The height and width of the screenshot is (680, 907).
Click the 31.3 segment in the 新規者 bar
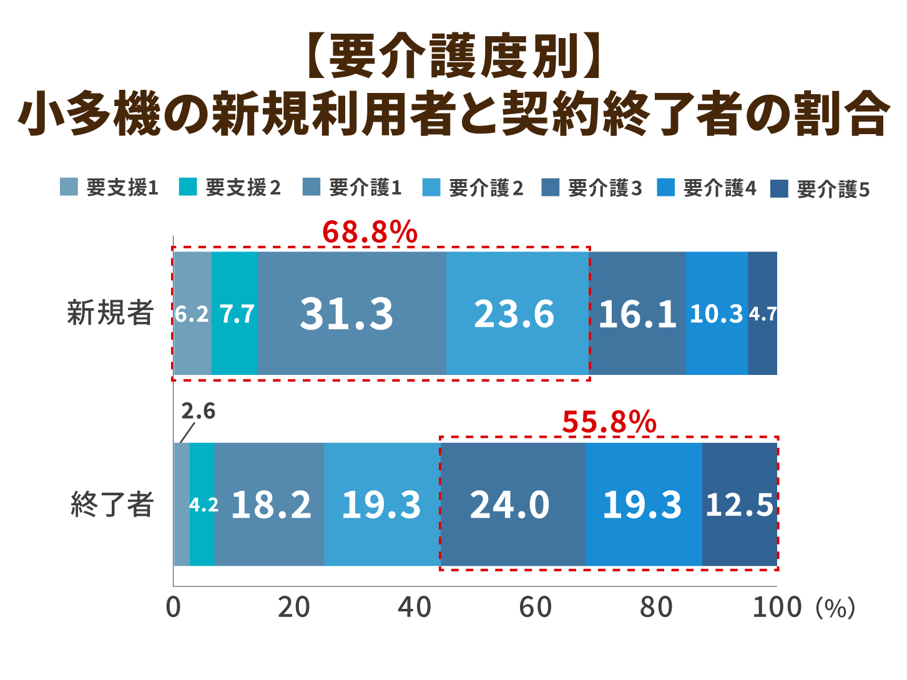[347, 313]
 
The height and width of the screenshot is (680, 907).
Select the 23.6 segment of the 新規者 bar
[514, 313]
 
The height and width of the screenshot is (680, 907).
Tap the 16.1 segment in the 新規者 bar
[637, 313]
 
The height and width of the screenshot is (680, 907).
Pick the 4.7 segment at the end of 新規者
[763, 313]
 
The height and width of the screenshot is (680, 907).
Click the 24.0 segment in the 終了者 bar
[510, 504]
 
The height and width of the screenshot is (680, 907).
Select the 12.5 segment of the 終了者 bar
[740, 504]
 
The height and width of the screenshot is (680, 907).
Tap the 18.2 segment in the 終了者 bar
[270, 504]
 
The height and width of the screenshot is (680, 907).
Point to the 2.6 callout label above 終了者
[198, 411]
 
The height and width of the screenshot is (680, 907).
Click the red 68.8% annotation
[370, 233]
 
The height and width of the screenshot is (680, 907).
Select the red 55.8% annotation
[609, 422]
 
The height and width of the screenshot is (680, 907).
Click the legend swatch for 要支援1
[69, 187]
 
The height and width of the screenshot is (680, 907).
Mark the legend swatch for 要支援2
[187, 187]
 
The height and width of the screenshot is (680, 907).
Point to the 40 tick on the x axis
[414, 607]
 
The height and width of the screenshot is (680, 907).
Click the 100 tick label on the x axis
[777, 607]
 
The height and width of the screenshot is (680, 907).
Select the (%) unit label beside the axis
[835, 608]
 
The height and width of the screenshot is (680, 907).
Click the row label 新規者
[110, 313]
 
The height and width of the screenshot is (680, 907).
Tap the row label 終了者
[112, 504]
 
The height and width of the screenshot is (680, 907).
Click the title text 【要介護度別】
[453, 57]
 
